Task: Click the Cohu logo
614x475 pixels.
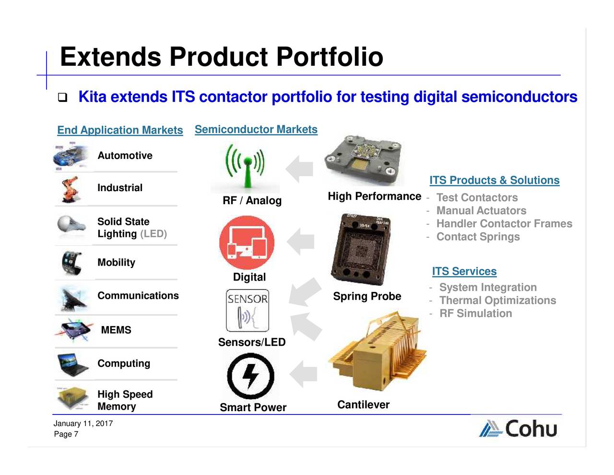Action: coord(518,428)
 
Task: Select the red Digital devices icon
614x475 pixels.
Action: coord(247,243)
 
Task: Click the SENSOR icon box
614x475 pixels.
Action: coord(248,310)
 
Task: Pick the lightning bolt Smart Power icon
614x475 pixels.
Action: coord(250,376)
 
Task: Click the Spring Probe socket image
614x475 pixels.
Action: coord(361,249)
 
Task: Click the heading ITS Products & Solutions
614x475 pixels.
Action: coord(494,180)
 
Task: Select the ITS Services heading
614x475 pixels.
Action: coord(464,271)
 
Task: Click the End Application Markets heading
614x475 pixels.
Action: coord(120,130)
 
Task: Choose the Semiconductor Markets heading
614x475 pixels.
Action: coord(256,130)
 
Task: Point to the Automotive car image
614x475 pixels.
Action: coord(71,156)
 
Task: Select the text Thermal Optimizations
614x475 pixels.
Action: coord(497,301)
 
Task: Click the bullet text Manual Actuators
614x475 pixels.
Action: coord(481,211)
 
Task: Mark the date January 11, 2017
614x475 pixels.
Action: coord(83,424)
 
